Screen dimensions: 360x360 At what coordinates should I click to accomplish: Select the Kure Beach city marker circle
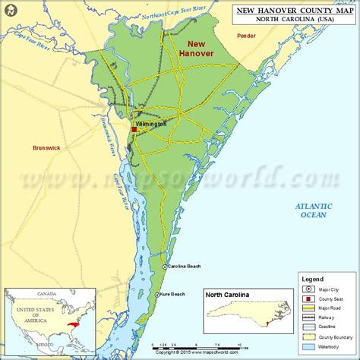tap(157, 294)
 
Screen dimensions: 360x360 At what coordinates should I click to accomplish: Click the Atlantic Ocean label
tap(314, 210)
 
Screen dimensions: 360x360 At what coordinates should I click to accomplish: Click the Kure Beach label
tap(174, 294)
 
